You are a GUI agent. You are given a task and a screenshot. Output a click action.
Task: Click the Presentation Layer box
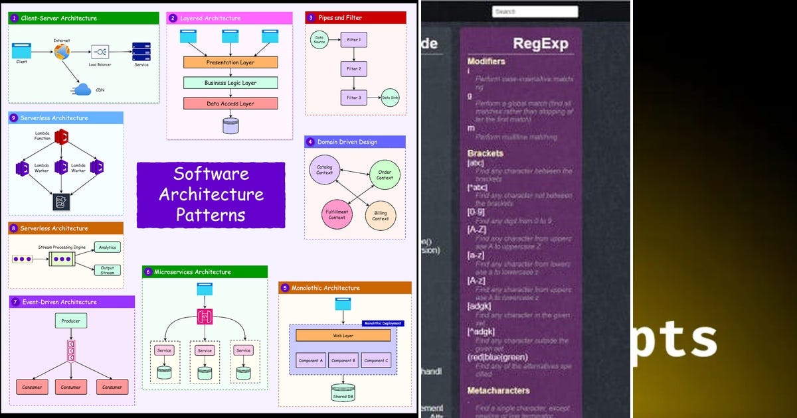click(230, 62)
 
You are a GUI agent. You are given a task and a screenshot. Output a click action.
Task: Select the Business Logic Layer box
click(230, 83)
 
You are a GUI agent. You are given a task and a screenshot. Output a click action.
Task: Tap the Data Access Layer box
click(230, 104)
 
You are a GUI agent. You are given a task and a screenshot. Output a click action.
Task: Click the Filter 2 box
click(353, 68)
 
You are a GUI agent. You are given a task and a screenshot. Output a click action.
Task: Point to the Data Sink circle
click(390, 98)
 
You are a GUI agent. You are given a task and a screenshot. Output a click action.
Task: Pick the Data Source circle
click(319, 40)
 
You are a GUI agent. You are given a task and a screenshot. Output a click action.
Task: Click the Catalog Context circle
click(325, 169)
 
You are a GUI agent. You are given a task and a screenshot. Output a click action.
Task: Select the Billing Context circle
click(381, 216)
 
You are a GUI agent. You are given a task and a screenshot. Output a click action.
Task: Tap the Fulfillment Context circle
click(337, 214)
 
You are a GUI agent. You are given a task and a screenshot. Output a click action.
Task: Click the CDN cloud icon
click(84, 90)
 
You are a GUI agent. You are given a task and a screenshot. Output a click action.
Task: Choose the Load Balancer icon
click(100, 52)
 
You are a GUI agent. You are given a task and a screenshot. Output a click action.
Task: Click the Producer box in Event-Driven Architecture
click(71, 321)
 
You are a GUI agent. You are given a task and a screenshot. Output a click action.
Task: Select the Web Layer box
click(343, 336)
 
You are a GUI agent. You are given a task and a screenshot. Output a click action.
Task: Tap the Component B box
click(343, 360)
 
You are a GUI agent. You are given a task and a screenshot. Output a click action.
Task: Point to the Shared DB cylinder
click(343, 391)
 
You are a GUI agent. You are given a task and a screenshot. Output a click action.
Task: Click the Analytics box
click(107, 247)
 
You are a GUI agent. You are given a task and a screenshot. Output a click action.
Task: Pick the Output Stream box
click(107, 269)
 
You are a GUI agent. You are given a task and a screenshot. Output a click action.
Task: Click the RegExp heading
click(540, 44)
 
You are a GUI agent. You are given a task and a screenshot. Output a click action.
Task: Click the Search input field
click(535, 11)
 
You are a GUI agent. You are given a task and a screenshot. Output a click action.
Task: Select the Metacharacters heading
click(498, 390)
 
